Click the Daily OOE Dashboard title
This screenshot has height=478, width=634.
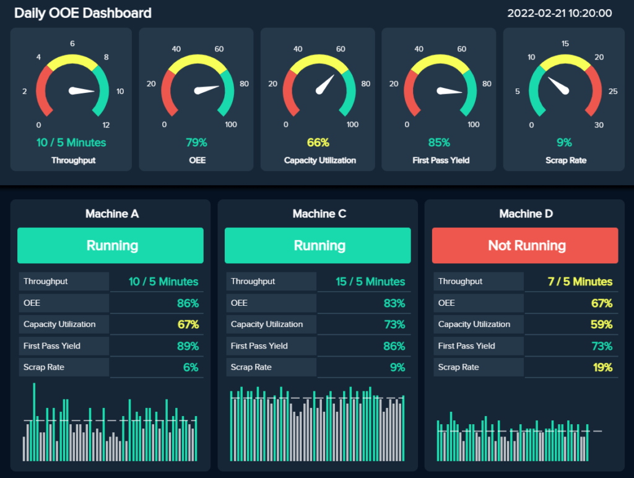click(83, 13)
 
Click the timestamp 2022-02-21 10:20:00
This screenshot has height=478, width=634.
click(560, 13)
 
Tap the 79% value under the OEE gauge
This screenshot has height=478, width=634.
click(196, 142)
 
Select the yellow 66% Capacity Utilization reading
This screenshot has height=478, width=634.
click(318, 142)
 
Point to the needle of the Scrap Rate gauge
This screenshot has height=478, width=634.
click(560, 86)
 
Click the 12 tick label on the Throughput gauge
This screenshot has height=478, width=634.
click(106, 125)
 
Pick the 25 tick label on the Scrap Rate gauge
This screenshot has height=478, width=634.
click(612, 92)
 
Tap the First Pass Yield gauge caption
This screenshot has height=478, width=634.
click(441, 160)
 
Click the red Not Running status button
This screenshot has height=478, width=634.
click(525, 246)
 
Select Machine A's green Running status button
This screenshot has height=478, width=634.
click(110, 246)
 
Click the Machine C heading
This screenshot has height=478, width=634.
click(319, 214)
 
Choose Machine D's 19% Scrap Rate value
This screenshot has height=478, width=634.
click(602, 367)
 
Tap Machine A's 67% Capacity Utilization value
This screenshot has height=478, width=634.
click(188, 324)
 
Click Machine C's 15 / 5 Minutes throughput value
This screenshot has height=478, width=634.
click(370, 282)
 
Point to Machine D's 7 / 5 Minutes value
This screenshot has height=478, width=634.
click(580, 282)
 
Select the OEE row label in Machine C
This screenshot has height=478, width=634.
click(239, 303)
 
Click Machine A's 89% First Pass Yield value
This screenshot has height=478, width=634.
click(188, 346)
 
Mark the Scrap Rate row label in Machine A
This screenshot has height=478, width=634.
click(44, 367)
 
